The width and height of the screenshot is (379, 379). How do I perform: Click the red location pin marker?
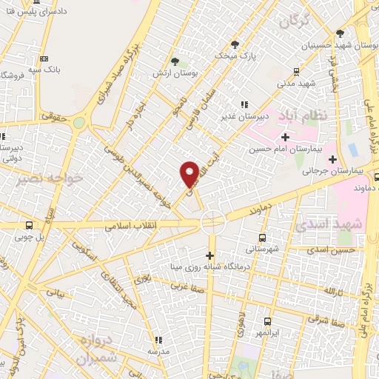click(x=189, y=174)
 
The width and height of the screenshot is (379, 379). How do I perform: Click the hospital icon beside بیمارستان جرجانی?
click(x=333, y=159)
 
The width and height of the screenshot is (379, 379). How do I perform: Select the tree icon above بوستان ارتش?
click(x=175, y=61)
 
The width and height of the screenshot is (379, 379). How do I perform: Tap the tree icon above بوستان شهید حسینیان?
click(x=340, y=33)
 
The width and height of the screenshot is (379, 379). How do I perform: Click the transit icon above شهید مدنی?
click(x=296, y=72)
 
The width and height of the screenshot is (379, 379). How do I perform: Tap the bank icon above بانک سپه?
click(x=44, y=59)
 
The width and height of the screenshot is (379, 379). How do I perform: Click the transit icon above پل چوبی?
click(x=29, y=225)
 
